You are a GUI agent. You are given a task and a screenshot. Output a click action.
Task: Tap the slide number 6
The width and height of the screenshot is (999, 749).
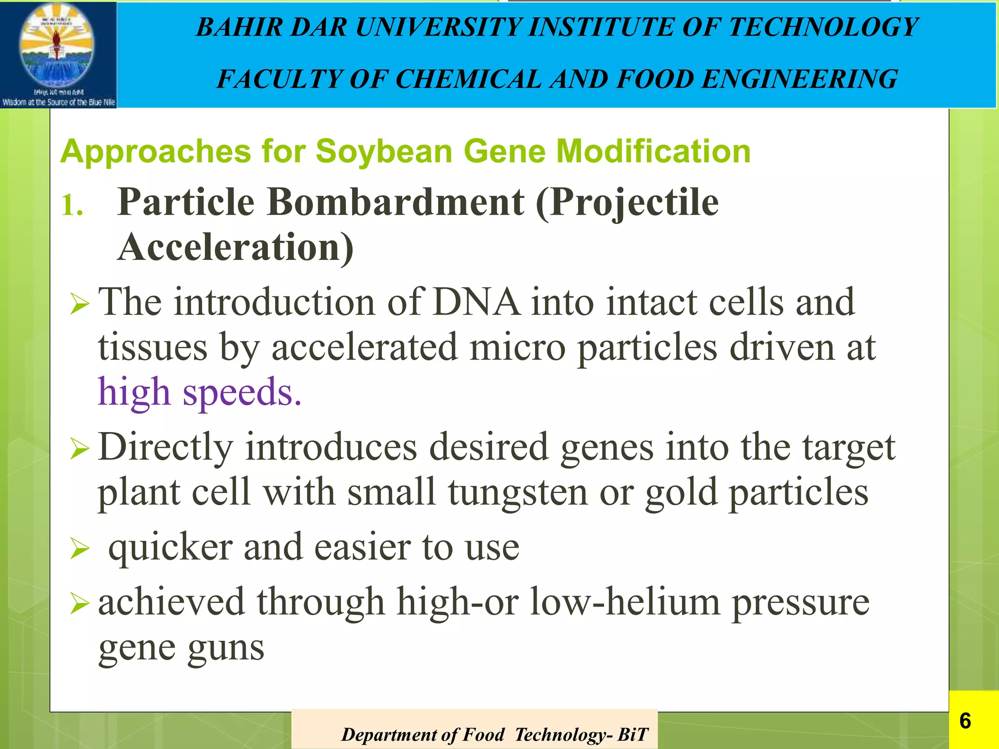[x=964, y=721]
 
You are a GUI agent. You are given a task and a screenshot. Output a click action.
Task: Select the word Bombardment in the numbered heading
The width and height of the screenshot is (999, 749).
[x=396, y=202]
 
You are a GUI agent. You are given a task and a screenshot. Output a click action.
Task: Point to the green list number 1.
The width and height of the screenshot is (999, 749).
[x=72, y=205]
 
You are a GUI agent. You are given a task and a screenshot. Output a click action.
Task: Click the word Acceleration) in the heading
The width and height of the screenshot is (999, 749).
[x=236, y=248]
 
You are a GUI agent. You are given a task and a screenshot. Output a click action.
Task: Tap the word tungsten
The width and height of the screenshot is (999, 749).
[x=518, y=493]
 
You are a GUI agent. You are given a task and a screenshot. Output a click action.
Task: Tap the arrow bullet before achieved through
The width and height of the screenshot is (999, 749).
[x=79, y=604]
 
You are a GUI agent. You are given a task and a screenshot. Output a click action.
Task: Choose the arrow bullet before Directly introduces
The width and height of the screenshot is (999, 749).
[x=79, y=449]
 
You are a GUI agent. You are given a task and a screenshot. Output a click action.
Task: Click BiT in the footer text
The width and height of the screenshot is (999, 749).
[x=633, y=734]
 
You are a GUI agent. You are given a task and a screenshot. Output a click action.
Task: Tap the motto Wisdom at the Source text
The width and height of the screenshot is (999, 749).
[x=59, y=102]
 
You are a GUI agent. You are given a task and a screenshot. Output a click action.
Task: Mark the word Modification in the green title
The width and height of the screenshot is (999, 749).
[x=653, y=151]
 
